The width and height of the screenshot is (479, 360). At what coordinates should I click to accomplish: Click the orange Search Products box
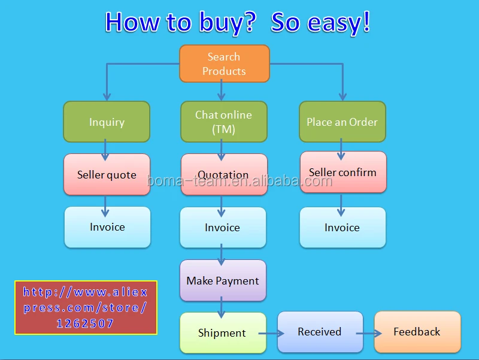pyautogui.click(x=225, y=63)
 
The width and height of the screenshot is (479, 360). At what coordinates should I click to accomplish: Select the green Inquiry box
pyautogui.click(x=107, y=122)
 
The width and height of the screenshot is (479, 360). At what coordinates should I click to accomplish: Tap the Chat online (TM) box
pyautogui.click(x=224, y=122)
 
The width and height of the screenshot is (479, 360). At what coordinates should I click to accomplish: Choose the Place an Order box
pyautogui.click(x=342, y=122)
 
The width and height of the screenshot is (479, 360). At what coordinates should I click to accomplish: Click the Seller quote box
pyautogui.click(x=107, y=174)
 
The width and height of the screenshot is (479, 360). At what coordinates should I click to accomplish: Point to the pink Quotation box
pyautogui.click(x=224, y=174)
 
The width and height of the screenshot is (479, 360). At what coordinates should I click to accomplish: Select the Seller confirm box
pyautogui.click(x=343, y=172)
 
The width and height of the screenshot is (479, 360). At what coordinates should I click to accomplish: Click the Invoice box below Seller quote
pyautogui.click(x=108, y=227)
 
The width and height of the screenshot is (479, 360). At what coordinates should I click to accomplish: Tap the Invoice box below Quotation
pyautogui.click(x=223, y=228)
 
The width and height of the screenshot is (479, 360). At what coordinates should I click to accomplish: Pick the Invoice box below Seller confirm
pyautogui.click(x=342, y=228)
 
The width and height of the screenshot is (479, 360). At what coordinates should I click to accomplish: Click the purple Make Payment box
pyautogui.click(x=223, y=280)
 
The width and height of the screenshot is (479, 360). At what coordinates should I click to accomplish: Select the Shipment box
pyautogui.click(x=223, y=333)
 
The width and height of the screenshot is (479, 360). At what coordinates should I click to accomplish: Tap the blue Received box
pyautogui.click(x=320, y=332)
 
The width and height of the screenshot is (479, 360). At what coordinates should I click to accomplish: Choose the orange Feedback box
pyautogui.click(x=417, y=332)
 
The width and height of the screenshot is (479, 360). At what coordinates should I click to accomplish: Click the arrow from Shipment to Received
pyautogui.click(x=272, y=334)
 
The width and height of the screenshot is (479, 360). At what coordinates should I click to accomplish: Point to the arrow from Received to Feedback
pyautogui.click(x=369, y=334)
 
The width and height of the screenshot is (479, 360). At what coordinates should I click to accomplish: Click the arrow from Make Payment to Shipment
pyautogui.click(x=222, y=307)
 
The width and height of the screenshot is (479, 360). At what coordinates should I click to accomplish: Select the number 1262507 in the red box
pyautogui.click(x=85, y=323)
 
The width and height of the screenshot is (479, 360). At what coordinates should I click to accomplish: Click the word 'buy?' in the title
pyautogui.click(x=228, y=23)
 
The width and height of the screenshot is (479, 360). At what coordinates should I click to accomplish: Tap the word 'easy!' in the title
pyautogui.click(x=339, y=22)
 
